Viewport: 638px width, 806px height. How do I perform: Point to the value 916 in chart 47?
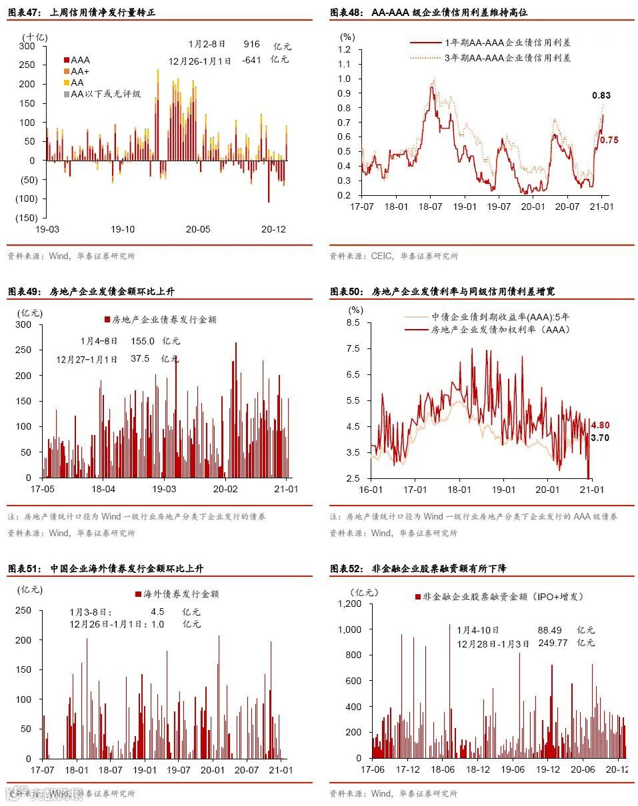251,44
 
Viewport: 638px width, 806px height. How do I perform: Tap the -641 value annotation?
251,60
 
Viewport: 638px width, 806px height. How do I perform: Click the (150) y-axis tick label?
27,218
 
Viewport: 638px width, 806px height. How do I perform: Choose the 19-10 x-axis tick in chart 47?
123,230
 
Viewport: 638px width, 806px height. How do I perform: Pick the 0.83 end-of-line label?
601,95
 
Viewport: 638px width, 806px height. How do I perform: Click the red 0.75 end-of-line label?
609,140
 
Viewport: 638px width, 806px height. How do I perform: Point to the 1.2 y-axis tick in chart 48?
344,50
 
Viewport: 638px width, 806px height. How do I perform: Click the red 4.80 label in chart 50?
600,425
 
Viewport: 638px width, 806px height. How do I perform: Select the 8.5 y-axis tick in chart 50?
351,322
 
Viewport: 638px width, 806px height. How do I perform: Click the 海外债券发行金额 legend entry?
177,594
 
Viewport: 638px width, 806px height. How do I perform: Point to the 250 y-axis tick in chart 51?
23,610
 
